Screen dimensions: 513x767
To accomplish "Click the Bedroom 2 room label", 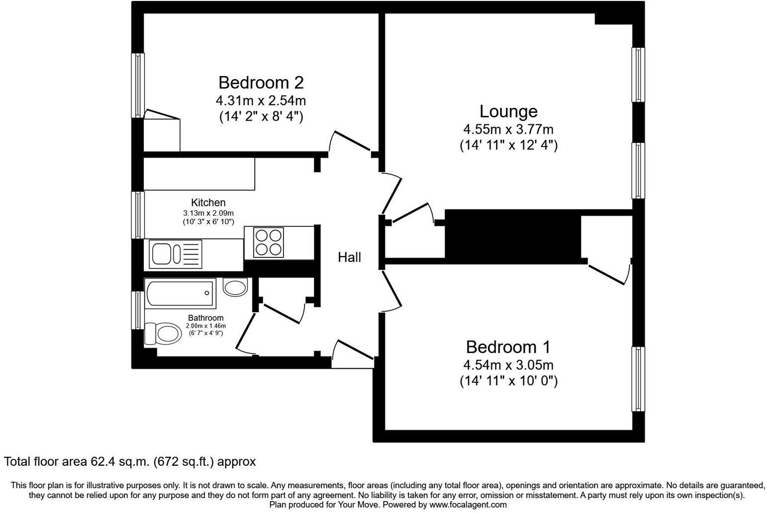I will (x=261, y=83).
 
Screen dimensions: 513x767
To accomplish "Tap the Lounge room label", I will (x=508, y=111).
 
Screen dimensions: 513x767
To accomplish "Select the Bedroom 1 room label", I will (x=508, y=347).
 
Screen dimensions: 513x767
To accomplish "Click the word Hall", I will (x=349, y=257).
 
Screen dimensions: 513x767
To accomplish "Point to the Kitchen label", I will (x=208, y=203).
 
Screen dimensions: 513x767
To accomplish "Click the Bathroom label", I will (x=205, y=318).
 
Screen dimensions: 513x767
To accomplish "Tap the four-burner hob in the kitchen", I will (x=268, y=243).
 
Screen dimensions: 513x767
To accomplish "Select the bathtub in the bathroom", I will (x=180, y=293).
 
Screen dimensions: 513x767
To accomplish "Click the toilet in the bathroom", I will (x=163, y=334).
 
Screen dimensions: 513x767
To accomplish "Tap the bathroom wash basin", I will (x=235, y=287).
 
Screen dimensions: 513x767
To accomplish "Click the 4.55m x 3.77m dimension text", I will (x=508, y=130).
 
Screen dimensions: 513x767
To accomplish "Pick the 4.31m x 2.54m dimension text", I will (x=261, y=101).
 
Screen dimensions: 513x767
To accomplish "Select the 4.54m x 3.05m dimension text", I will (x=508, y=365).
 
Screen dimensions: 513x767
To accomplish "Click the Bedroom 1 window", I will (x=638, y=379).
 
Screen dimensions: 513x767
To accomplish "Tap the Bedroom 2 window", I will (x=138, y=85).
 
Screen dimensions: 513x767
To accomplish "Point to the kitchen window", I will (x=138, y=215).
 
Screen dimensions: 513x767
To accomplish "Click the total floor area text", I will (x=130, y=462).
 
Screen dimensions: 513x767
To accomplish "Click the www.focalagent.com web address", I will (x=468, y=505).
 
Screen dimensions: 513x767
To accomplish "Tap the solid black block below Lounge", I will (x=512, y=234).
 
